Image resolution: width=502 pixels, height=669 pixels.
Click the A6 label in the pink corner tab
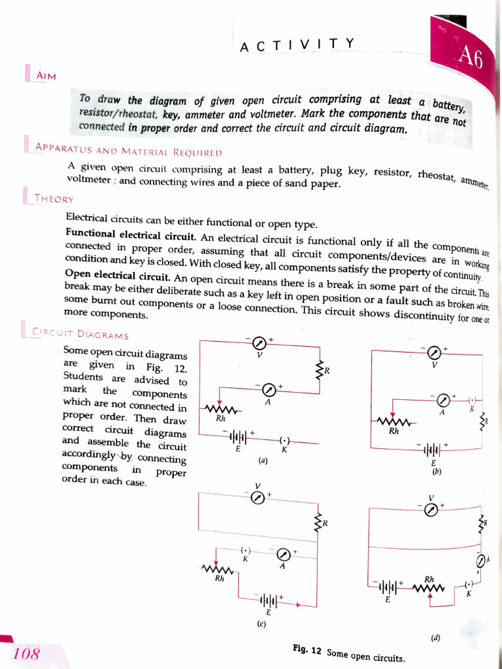(470, 57)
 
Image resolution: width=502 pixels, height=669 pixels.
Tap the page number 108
(26, 653)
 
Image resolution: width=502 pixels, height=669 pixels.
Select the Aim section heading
(46, 76)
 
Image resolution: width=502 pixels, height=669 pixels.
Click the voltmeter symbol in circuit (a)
(259, 343)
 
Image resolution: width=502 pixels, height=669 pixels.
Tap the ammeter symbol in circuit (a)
(268, 390)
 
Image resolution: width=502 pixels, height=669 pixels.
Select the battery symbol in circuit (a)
(239, 436)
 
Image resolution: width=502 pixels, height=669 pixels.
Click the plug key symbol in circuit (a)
(284, 441)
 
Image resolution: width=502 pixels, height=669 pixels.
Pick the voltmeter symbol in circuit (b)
(433, 353)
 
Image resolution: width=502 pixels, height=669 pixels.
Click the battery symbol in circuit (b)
(433, 449)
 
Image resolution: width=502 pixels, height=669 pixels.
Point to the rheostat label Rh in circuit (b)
(393, 431)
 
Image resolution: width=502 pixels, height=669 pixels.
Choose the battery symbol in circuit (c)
(268, 600)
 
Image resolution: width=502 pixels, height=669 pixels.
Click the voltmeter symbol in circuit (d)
(430, 510)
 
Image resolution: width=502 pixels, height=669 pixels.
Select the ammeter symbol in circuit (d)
(481, 561)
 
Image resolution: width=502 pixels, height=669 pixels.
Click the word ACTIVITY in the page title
(297, 44)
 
